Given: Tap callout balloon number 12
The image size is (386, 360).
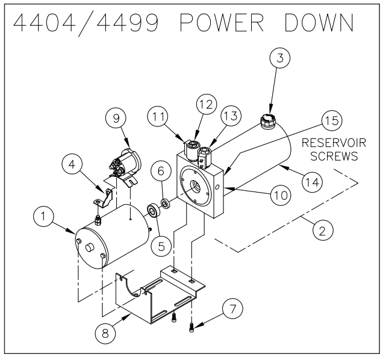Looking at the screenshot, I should coord(204,105).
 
